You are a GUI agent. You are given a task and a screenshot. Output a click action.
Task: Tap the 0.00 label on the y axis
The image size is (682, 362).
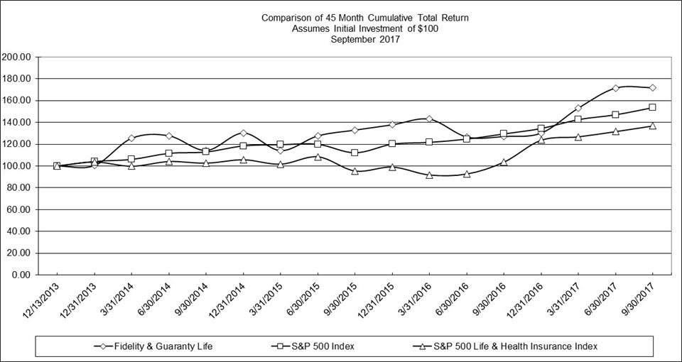[21, 275]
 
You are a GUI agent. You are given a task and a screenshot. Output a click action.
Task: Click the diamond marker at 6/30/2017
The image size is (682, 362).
[615, 89]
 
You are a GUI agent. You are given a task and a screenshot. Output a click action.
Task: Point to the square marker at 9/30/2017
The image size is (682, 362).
[652, 107]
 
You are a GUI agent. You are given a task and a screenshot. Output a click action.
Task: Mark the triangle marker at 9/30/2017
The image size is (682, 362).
[652, 126]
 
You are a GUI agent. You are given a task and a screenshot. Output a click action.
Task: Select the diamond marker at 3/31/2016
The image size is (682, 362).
[429, 119]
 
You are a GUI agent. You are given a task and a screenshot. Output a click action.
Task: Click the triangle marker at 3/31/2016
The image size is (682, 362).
[429, 175]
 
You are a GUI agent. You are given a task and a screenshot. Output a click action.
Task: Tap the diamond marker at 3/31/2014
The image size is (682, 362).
[131, 138]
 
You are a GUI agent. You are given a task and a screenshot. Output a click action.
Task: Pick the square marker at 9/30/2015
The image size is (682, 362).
[354, 153]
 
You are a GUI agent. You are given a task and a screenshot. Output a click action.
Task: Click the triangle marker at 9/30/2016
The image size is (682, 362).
[504, 162]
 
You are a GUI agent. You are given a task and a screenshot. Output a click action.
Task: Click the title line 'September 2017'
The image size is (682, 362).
[365, 40]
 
